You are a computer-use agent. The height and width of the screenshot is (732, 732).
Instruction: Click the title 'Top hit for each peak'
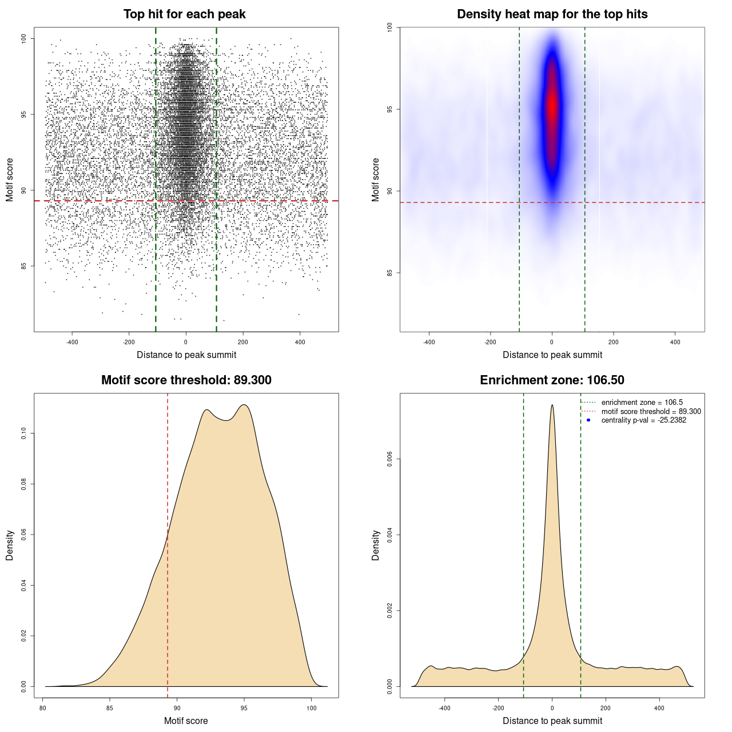tap(184, 14)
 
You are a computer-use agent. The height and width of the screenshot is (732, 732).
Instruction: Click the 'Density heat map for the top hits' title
tap(552, 14)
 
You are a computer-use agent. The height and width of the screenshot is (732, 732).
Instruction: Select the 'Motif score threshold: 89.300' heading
tap(186, 380)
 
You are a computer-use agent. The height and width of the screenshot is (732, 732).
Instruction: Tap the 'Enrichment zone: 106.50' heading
tap(552, 380)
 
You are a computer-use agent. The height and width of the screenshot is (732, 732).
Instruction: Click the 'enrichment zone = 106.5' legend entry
tap(642, 403)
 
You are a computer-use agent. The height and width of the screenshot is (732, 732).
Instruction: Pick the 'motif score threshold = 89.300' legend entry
tap(651, 412)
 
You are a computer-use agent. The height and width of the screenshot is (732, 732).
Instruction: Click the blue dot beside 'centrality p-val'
tap(588, 420)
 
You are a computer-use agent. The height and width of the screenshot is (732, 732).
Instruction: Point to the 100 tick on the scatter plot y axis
tap(24, 38)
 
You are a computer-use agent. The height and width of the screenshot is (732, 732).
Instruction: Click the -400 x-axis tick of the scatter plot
tap(72, 342)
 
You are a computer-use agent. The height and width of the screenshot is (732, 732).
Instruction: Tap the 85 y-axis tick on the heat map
tap(390, 273)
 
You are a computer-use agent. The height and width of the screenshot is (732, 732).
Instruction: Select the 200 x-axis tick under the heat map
tap(614, 342)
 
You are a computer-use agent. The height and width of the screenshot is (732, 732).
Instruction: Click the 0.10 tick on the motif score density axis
tap(24, 433)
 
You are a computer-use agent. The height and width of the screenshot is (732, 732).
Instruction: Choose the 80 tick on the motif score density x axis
tap(43, 708)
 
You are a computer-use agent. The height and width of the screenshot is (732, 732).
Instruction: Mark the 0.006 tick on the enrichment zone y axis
tap(390, 459)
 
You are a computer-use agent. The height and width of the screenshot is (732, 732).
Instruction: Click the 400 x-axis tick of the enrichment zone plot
tap(659, 708)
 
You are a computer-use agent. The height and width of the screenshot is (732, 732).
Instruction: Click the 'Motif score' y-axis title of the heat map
tap(376, 180)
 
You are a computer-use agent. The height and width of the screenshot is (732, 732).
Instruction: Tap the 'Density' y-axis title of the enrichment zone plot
tap(376, 545)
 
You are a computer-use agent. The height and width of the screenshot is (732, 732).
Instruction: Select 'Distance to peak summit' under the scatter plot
tap(186, 355)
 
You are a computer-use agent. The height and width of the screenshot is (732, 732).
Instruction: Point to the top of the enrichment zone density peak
tap(552, 405)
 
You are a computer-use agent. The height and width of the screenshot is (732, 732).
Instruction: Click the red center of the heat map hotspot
tap(552, 106)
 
